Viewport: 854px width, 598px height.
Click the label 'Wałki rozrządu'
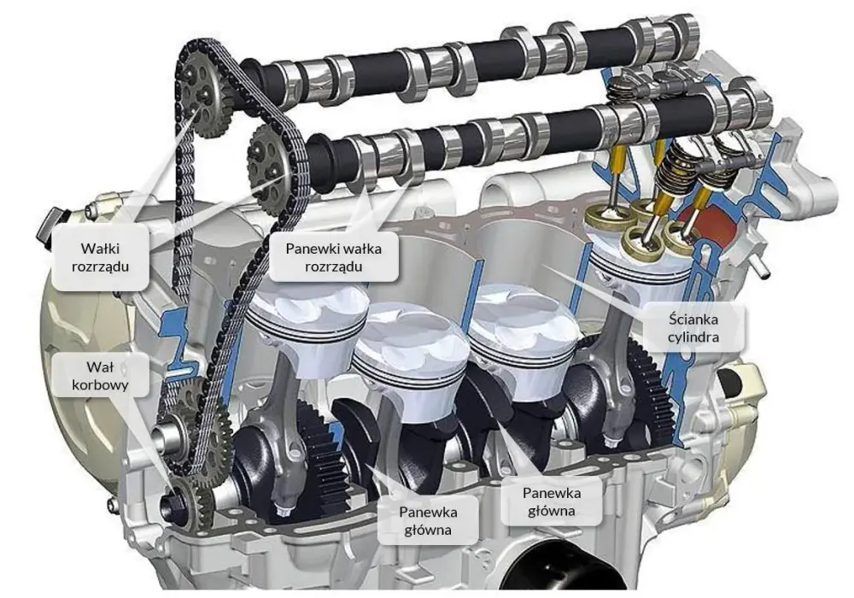100,257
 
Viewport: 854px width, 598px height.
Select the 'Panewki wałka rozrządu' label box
333,257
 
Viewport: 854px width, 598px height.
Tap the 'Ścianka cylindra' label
693,328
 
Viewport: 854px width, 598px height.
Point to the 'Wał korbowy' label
100,376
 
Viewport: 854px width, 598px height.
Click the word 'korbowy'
100,385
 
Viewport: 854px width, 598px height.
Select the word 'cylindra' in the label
693,337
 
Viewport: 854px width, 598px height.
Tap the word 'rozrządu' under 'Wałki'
100,267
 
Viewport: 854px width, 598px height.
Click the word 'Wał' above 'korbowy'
100,367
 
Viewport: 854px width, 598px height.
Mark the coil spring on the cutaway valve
675,162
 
